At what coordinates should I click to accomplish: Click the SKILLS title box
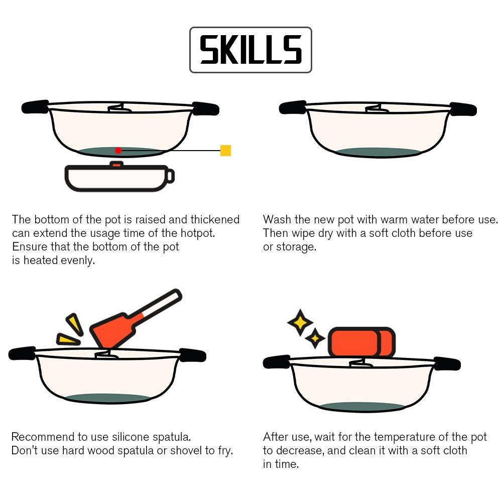(x=250, y=50)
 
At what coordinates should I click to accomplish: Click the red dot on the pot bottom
(x=118, y=150)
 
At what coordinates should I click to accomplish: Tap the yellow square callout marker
(x=225, y=150)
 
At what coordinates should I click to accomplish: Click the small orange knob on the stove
(x=116, y=164)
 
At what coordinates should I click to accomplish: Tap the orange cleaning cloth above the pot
(x=361, y=342)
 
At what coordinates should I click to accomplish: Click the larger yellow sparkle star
(x=300, y=322)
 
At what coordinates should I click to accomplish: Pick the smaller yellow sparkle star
(x=315, y=339)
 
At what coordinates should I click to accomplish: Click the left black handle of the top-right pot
(x=293, y=107)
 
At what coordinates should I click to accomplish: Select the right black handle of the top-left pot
(x=205, y=108)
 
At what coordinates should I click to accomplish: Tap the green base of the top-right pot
(x=378, y=152)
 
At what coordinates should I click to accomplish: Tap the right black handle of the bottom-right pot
(x=447, y=363)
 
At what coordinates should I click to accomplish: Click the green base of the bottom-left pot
(x=107, y=398)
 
